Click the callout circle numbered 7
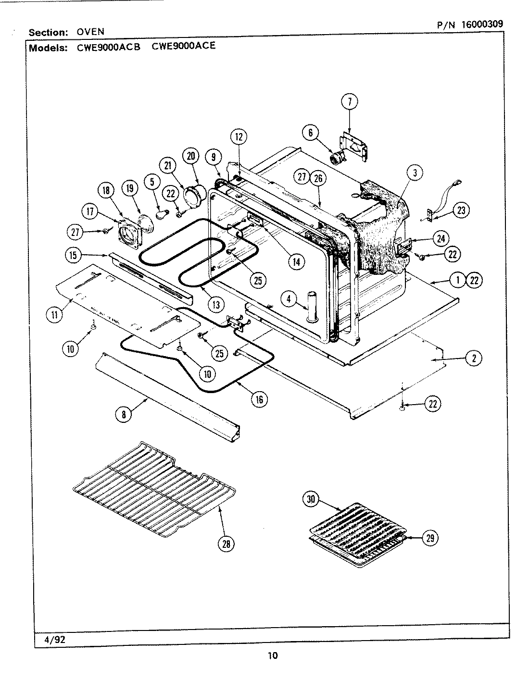click(350, 101)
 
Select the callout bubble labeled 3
click(415, 173)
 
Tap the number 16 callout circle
click(259, 399)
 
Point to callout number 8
click(124, 414)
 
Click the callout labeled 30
click(311, 499)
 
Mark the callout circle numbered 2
click(474, 358)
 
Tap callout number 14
click(296, 261)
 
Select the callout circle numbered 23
click(461, 210)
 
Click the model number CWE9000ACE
click(184, 46)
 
